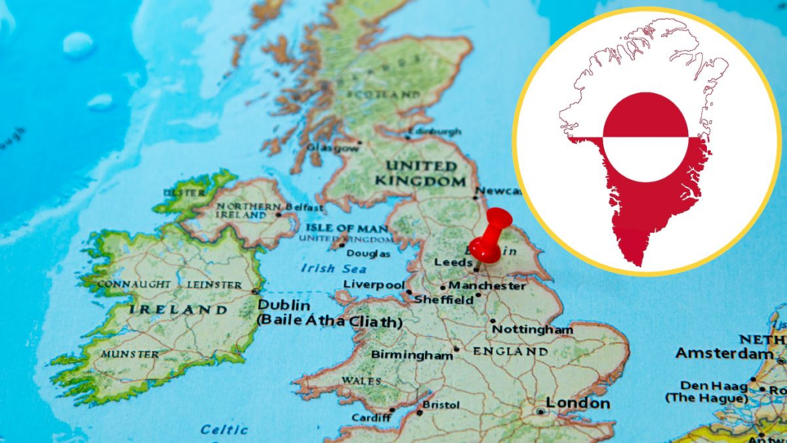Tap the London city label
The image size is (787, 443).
pos(578,403)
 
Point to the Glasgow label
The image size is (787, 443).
pos(332,147)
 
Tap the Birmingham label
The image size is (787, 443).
pos(412,355)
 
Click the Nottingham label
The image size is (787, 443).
pos(533,329)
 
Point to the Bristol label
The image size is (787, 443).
pos(441,405)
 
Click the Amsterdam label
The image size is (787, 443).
pos(725,354)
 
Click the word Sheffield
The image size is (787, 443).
pos(443,299)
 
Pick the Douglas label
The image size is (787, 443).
pos(368,253)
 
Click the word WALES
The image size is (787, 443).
pos(361,381)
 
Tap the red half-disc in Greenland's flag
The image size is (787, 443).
pos(645,115)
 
